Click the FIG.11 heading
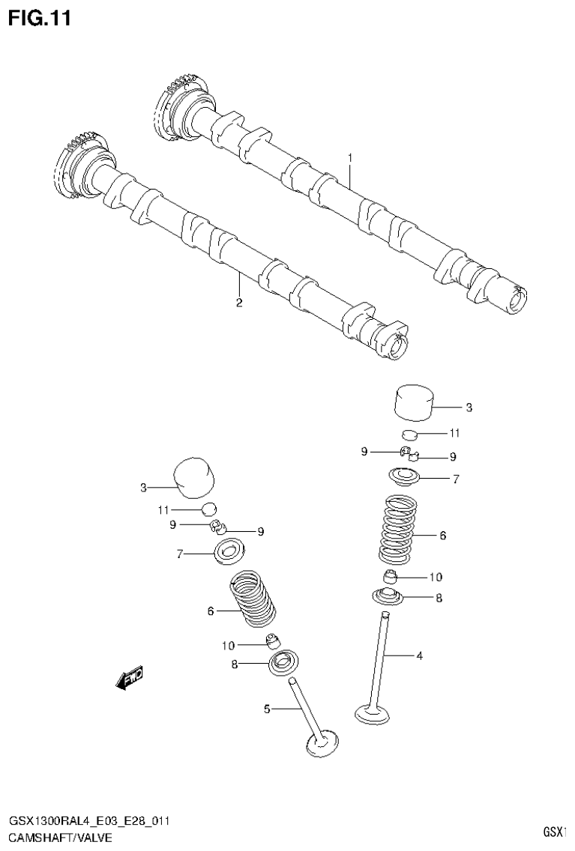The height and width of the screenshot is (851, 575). pos(40,19)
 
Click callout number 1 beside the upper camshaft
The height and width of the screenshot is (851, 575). pos(349,158)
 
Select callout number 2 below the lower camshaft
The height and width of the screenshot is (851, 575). pos(239,303)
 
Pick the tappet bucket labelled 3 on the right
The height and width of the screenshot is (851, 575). pos(415,404)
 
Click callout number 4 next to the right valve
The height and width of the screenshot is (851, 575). pos(419,656)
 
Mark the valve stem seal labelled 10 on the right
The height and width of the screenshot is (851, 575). pos(391,577)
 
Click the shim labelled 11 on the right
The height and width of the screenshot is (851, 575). pos(409,434)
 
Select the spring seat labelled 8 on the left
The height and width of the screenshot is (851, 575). pos(283,662)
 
